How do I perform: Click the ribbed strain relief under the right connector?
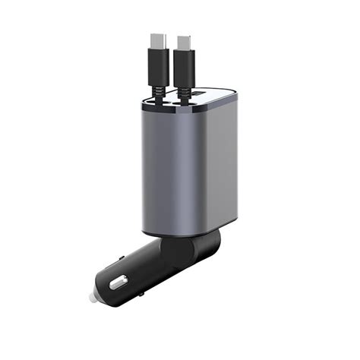point(188,92)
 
